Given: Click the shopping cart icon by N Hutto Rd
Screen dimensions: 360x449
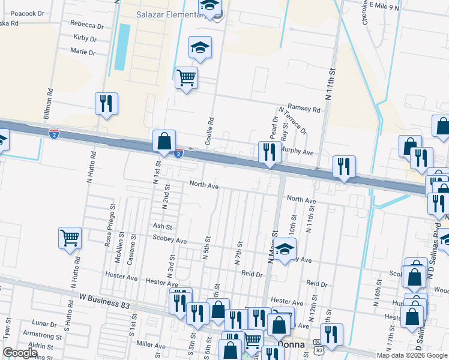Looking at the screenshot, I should click(x=70, y=238).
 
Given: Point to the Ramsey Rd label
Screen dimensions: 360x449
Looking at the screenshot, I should click(x=304, y=109).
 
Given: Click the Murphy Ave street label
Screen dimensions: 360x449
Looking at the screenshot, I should click(x=299, y=153).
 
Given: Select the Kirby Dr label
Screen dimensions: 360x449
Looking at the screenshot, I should click(x=85, y=38).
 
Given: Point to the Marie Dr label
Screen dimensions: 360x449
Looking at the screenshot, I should click(x=83, y=52).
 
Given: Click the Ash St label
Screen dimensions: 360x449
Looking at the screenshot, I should click(x=162, y=227).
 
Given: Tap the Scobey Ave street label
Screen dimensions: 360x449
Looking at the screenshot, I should click(x=170, y=241).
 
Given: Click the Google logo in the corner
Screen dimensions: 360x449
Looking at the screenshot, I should click(x=20, y=352).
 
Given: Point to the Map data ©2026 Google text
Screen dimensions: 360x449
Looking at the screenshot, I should click(x=411, y=355).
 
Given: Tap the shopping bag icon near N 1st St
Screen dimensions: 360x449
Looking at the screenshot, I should click(x=164, y=142).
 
